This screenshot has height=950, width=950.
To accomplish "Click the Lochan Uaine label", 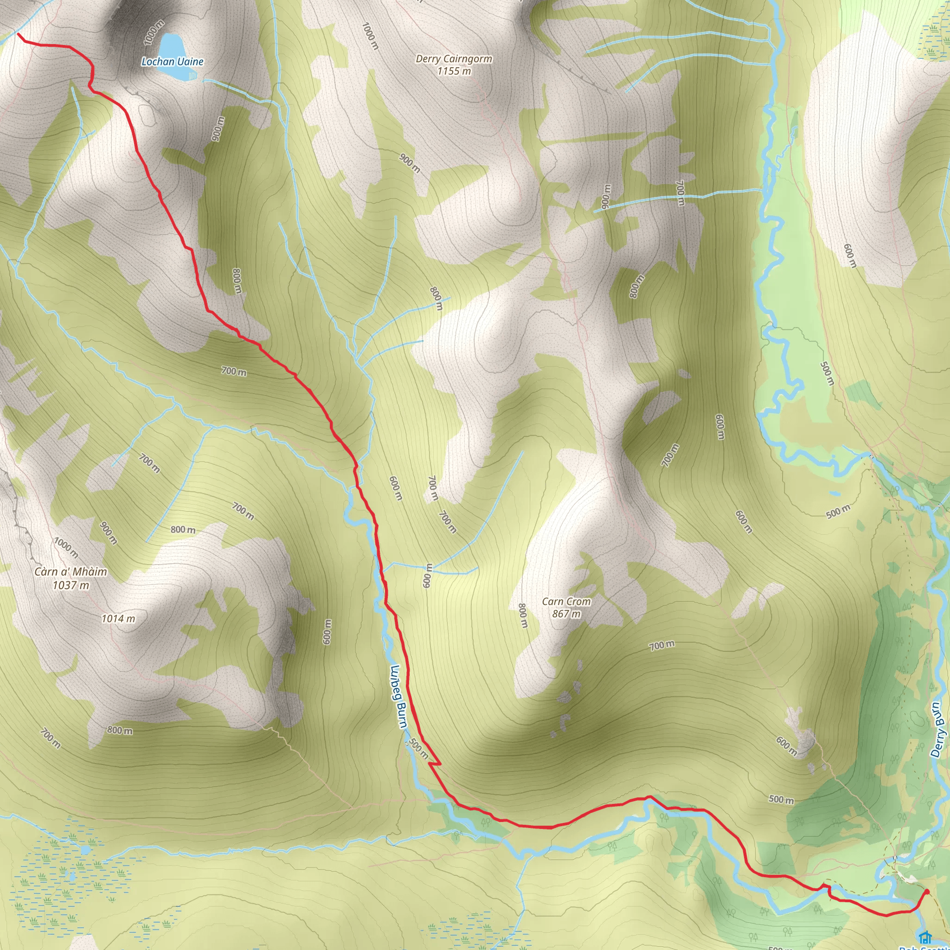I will tap(172, 62).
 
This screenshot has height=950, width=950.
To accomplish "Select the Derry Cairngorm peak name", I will tap(454, 58).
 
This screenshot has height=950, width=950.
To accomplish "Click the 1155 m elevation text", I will tap(454, 71).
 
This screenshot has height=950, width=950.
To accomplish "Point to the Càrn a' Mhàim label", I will tap(71, 571).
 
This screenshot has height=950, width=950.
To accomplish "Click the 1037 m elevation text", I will tap(71, 584).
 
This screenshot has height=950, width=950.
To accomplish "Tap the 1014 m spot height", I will tap(118, 619).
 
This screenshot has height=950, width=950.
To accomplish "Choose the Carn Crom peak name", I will tap(566, 601).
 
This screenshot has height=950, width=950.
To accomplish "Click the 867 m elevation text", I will tap(566, 614).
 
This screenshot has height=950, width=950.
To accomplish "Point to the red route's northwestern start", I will tap(19, 34).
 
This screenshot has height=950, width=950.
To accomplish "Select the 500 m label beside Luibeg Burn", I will tap(418, 748).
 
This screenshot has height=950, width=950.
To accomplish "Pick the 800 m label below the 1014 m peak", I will tap(120, 730).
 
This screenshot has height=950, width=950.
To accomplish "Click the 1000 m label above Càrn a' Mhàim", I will tap(66, 548).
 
